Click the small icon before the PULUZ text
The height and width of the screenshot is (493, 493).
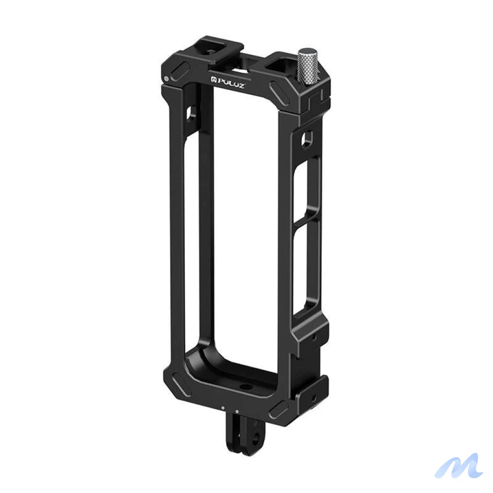[212, 79]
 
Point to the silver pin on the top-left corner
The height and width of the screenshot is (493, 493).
[166, 78]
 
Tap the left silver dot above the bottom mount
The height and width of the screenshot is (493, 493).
[223, 408]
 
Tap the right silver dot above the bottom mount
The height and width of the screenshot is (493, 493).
[236, 411]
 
